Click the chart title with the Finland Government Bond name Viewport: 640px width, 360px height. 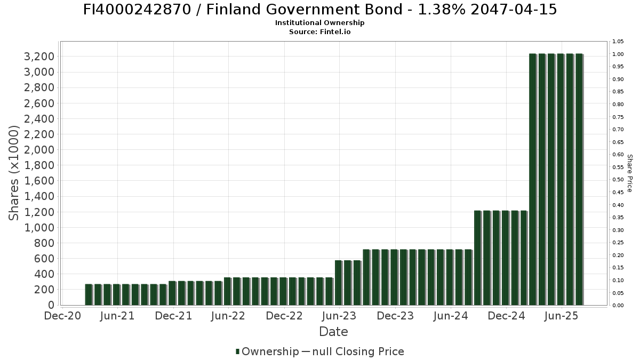pos(320,10)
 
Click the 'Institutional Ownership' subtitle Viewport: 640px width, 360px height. pos(320,23)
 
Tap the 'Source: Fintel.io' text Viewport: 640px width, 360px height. pos(320,32)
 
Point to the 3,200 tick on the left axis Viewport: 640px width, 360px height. pos(41,57)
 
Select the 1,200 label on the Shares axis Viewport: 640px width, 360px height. pos(41,212)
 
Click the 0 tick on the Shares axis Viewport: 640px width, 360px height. pos(51,305)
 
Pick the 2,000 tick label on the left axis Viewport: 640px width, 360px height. pos(41,150)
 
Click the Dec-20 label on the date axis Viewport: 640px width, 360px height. pos(62,316)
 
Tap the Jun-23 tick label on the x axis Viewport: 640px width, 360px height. pos(339,316)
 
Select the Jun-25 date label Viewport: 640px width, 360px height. pos(561,316)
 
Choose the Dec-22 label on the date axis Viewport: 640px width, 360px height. pos(284,316)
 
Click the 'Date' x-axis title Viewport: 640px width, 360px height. pos(333,332)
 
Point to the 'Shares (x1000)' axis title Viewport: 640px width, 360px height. pos(14,173)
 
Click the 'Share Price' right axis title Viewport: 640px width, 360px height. pos(630,173)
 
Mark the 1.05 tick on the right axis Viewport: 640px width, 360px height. pos(618,42)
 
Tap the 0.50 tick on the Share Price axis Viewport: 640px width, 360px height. pos(618,180)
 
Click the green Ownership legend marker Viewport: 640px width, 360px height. pos(238,351)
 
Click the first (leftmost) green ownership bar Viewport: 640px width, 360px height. pos(89,294)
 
